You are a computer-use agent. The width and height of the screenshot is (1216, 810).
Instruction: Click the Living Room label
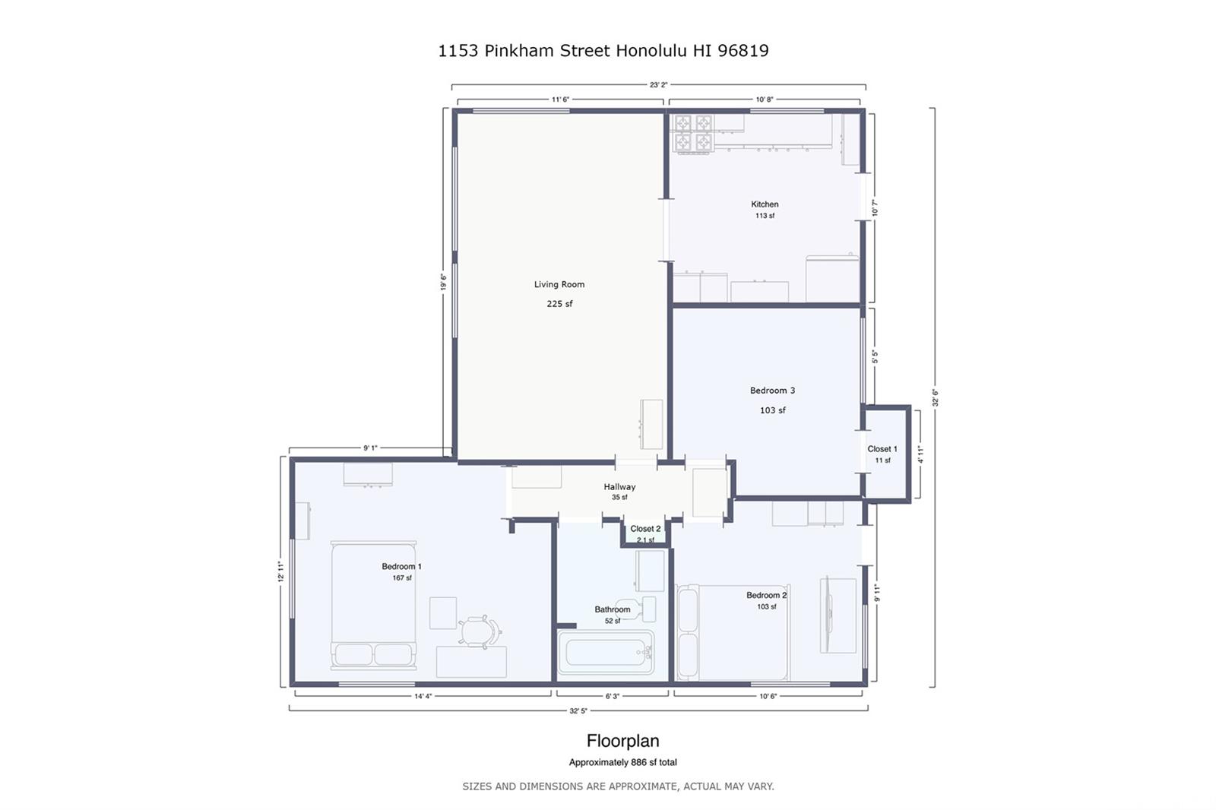point(559,284)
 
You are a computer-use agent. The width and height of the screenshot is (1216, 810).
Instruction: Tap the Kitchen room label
point(765,204)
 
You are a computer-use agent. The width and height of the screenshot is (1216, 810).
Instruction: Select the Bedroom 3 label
point(772,391)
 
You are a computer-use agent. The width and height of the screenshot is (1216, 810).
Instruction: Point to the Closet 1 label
point(882,449)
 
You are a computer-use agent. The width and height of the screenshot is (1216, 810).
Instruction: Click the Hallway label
point(619,487)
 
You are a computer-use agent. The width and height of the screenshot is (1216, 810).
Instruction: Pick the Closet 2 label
point(645,529)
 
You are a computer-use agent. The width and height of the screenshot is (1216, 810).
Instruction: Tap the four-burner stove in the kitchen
point(692,134)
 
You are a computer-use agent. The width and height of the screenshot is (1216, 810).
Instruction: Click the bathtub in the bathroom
point(606,652)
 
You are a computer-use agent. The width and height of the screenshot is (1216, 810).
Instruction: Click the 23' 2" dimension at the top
point(658,84)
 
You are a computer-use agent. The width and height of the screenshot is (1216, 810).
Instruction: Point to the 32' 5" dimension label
point(578,710)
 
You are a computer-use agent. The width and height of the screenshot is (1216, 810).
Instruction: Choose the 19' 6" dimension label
point(444,282)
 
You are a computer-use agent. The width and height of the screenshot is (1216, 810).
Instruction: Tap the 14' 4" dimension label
point(423,696)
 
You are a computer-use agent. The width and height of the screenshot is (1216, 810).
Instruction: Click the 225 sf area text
point(559,304)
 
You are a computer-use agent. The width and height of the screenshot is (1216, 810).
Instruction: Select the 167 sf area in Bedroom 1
point(402,577)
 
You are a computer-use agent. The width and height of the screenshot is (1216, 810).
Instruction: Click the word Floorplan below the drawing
point(622,741)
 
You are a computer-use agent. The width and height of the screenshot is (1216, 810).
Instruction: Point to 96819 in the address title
point(743,50)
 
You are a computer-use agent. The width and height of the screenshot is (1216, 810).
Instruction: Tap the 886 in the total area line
point(638,762)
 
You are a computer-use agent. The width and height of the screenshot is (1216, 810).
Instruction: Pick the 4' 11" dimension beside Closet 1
point(920,454)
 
